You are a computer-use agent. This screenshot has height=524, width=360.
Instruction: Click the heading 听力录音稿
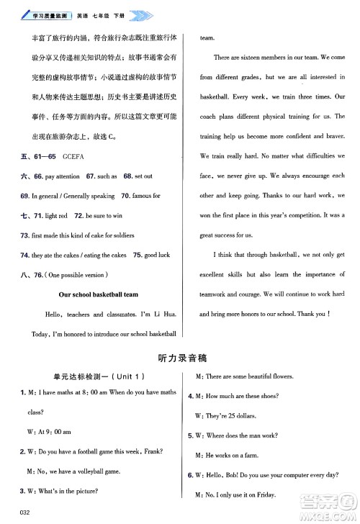(x=180, y=357)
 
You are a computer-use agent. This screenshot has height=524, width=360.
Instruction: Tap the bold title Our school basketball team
(x=99, y=294)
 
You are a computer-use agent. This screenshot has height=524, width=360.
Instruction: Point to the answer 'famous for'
(x=146, y=196)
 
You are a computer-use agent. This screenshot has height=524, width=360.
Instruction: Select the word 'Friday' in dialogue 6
(x=283, y=495)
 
